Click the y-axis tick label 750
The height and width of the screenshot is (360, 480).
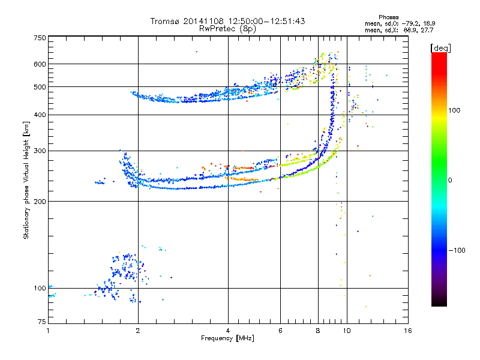(40, 38)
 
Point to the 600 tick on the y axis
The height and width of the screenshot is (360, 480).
(40, 64)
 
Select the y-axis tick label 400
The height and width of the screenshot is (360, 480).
(40, 115)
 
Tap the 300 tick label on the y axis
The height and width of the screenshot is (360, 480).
(40, 151)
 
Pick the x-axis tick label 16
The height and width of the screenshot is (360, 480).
(407, 331)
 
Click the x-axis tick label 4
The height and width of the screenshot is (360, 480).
(228, 331)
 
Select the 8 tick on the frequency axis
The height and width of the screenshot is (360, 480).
(319, 331)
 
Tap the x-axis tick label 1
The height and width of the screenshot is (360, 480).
(48, 331)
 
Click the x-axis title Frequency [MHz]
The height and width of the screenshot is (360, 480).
(227, 338)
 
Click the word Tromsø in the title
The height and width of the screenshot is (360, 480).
(165, 21)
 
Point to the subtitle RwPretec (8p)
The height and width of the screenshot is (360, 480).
(227, 28)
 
